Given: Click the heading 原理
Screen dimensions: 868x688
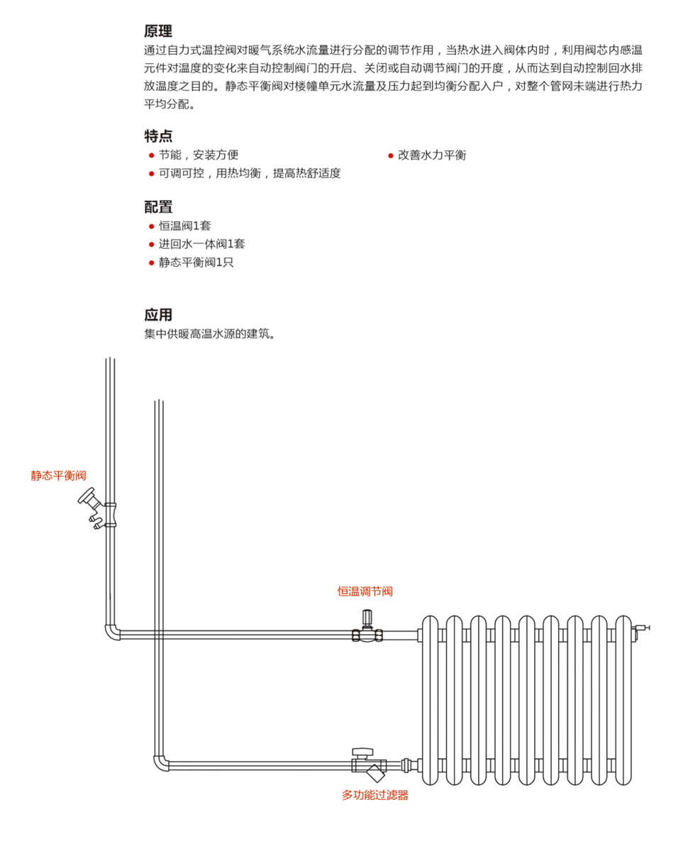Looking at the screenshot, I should (x=158, y=31).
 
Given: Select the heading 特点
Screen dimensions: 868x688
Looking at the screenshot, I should (x=158, y=136).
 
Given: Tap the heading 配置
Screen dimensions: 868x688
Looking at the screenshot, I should (x=158, y=207).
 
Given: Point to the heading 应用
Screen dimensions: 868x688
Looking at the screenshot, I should (x=158, y=315).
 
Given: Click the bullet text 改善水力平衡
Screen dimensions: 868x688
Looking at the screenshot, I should (x=431, y=155).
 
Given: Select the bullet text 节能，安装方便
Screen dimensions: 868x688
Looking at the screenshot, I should (x=198, y=155).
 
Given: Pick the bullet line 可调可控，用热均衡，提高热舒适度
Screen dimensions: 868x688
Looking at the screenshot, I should (x=249, y=174).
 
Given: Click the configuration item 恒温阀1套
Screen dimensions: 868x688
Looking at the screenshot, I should (x=184, y=226).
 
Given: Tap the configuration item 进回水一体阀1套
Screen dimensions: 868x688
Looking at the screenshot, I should (x=201, y=244).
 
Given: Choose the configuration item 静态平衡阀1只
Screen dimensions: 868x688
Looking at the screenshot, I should (x=196, y=262).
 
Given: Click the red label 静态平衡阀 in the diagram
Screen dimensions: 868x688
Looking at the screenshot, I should (x=58, y=475).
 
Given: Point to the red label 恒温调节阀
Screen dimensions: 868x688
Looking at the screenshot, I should (x=365, y=591).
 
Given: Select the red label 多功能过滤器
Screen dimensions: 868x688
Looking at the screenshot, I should (x=375, y=795).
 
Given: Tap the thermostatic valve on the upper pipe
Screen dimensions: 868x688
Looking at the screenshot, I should (x=367, y=628).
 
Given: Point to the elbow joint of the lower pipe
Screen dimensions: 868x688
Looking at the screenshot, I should (x=160, y=764).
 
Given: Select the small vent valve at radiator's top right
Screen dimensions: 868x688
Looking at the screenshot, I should (x=642, y=628).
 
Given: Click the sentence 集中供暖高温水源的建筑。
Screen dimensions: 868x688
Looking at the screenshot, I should (x=210, y=333).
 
